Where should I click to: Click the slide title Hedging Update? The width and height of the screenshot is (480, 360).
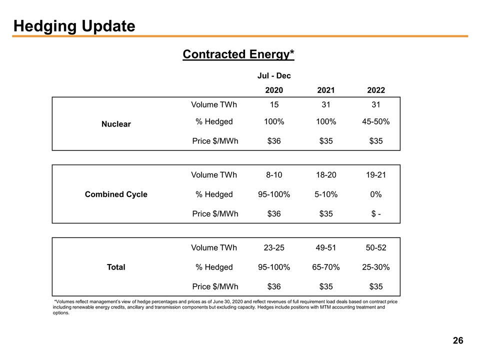point(74,26)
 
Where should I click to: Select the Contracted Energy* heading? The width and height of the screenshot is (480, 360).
point(238,54)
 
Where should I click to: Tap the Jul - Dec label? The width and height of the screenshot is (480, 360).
point(274,75)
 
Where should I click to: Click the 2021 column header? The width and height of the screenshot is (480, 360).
point(326,90)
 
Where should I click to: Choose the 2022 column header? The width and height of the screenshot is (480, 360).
point(376,90)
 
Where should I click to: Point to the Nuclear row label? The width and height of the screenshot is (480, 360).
point(116,124)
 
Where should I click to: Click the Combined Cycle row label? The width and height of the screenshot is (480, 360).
point(116,194)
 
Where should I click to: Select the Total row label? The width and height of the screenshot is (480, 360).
point(116,267)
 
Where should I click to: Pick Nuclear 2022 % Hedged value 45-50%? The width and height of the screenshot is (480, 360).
point(376,121)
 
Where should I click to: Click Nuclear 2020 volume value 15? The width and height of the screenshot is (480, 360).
point(274,104)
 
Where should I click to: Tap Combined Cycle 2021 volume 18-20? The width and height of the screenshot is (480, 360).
point(326,175)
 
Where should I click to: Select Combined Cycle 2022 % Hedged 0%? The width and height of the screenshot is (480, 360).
point(376,194)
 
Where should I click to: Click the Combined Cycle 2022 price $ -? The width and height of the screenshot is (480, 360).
point(376,213)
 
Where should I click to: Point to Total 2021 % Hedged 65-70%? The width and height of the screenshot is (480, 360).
point(326,267)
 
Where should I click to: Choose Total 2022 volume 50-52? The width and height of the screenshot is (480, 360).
point(376,247)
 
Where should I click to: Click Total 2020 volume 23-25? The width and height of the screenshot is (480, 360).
point(274,247)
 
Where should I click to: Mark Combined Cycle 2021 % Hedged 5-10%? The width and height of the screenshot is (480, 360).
point(326,194)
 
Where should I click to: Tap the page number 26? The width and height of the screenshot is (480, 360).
point(458,340)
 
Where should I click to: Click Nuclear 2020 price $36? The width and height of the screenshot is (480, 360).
point(274,141)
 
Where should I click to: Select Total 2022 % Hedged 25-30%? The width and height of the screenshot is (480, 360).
point(376,267)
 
